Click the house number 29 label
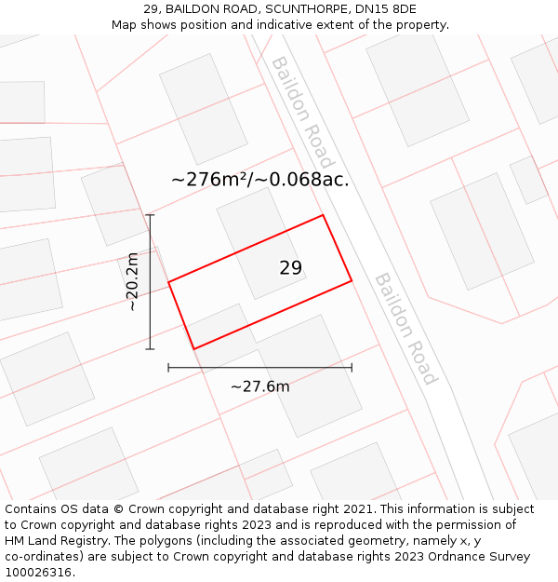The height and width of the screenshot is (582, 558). tap(290, 268)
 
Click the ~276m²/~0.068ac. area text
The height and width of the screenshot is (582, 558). tap(260, 180)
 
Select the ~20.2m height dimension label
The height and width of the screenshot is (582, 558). tap(132, 282)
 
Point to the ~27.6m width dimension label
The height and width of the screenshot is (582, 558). tap(259, 386)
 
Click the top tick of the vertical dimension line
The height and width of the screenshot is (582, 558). tap(150, 215)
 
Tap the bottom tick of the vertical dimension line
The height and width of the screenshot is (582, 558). tap(150, 349)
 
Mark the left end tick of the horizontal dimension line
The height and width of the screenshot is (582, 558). tap(168, 368)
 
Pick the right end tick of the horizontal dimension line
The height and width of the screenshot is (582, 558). tap(352, 368)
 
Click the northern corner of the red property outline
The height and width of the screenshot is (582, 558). tap(323, 215)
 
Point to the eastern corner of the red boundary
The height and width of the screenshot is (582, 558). tap(352, 279)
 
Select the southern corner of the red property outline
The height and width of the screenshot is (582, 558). tap(193, 349)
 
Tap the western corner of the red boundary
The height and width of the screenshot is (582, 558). tap(168, 281)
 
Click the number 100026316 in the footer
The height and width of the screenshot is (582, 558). tap(36, 572)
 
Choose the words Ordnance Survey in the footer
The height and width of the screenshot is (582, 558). tap(483, 557)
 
